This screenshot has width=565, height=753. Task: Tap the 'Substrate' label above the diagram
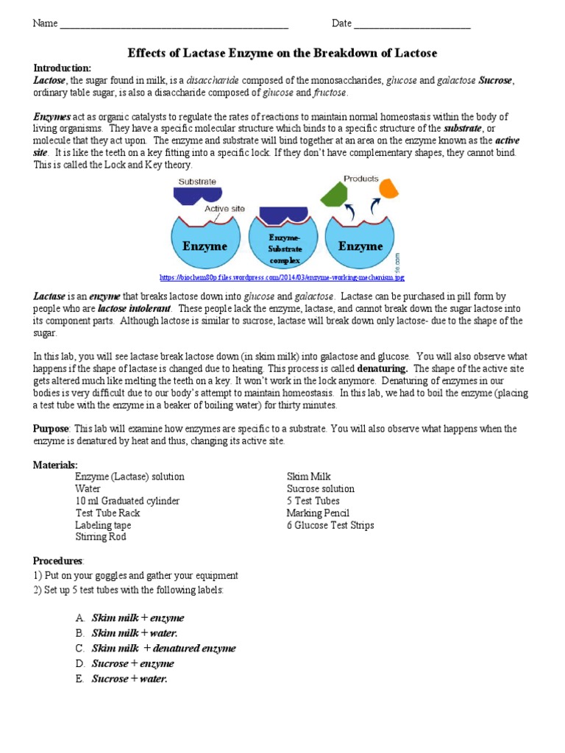(x=196, y=181)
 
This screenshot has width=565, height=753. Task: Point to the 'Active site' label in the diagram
(x=224, y=207)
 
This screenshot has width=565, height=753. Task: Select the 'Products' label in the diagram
(x=360, y=179)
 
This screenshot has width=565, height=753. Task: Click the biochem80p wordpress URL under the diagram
(x=282, y=277)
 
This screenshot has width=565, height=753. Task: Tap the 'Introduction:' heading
(x=63, y=68)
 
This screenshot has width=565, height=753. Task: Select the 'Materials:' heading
(x=55, y=465)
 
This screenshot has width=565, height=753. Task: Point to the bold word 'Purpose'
(x=51, y=428)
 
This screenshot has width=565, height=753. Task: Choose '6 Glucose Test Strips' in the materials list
(x=330, y=525)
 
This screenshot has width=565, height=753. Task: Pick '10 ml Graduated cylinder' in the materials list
(x=127, y=501)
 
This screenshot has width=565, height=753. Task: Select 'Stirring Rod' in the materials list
(x=101, y=537)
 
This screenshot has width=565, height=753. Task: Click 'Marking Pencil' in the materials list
(x=318, y=513)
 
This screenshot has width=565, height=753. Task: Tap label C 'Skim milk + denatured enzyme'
(x=163, y=648)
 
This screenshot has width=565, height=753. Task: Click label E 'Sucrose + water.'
(x=129, y=679)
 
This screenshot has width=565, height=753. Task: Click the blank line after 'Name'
(x=174, y=24)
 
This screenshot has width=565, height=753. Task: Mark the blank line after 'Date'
(x=412, y=24)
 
